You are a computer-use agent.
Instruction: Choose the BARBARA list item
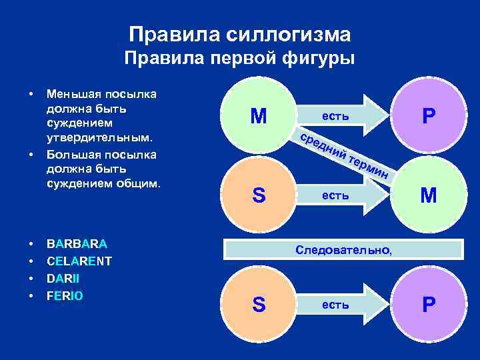click(77, 244)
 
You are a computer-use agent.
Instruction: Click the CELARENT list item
click(79, 261)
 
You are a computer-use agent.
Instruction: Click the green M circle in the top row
click(259, 117)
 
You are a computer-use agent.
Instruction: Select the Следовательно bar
click(343, 250)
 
